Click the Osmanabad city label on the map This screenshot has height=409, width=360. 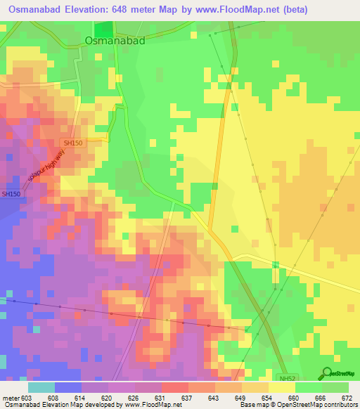115,41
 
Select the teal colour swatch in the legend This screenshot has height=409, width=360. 41,387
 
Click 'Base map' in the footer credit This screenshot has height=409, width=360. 252,405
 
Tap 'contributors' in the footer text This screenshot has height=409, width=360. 340,405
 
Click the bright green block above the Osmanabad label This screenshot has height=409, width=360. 103,28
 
